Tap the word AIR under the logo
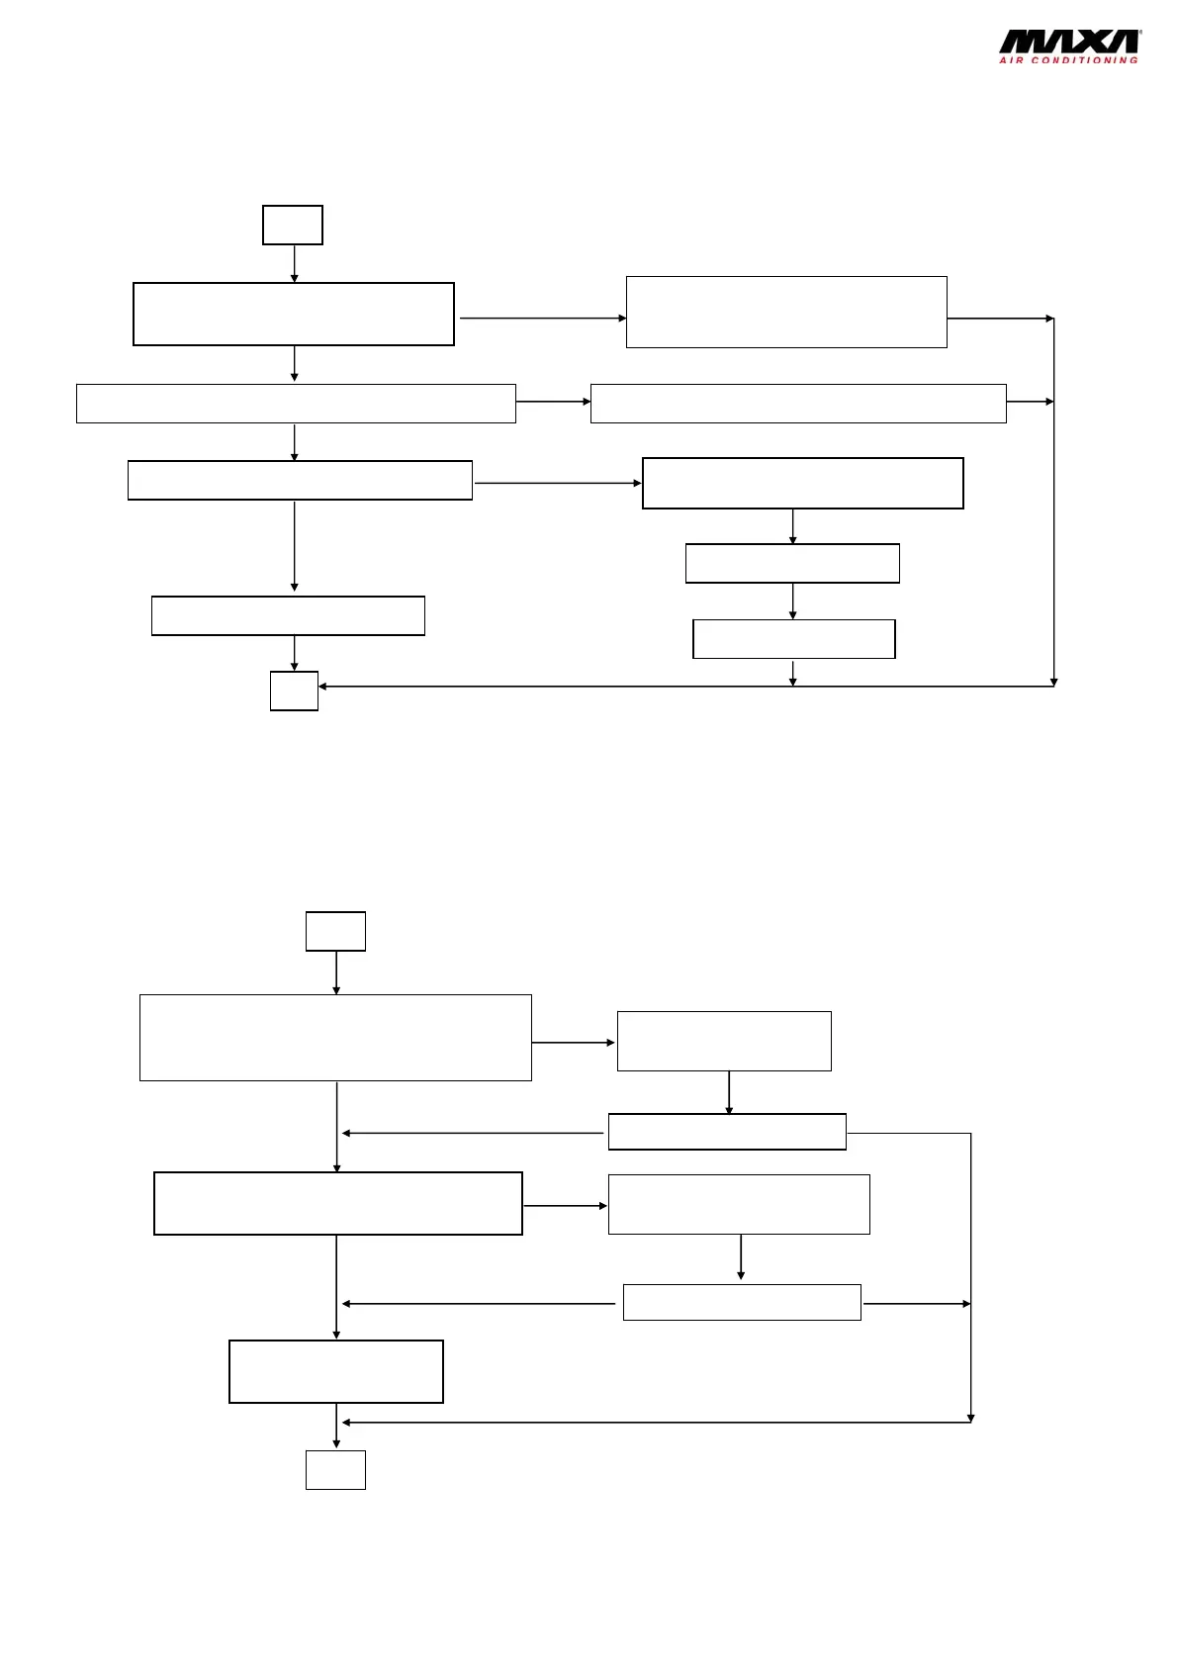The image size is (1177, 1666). click(1011, 61)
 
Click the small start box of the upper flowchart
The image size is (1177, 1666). click(293, 225)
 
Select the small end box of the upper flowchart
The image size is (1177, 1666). click(294, 691)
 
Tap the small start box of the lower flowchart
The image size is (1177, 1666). click(335, 931)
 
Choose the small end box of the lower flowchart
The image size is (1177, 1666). click(335, 1469)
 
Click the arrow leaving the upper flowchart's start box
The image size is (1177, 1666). click(294, 263)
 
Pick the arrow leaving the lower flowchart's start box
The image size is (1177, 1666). click(336, 972)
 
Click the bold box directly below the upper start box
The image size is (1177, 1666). click(294, 314)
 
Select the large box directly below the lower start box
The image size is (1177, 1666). click(335, 1038)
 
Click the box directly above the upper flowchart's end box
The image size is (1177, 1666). click(288, 615)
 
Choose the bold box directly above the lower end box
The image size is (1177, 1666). click(336, 1371)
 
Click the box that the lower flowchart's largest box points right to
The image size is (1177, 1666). click(724, 1041)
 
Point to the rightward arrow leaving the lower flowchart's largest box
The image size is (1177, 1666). click(574, 1043)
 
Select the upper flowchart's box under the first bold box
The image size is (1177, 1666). click(296, 404)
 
